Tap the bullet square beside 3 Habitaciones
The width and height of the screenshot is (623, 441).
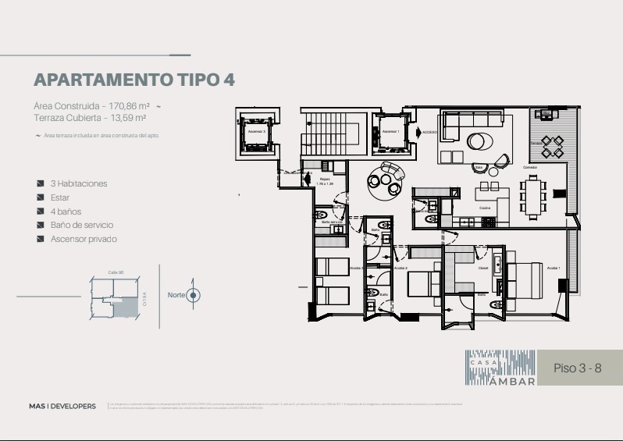pos(41,184)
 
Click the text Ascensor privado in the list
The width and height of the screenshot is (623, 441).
pos(84,239)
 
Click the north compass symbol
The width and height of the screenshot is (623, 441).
pos(194,295)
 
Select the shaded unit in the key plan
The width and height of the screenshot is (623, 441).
pos(124,308)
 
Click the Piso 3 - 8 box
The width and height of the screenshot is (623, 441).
pos(578,368)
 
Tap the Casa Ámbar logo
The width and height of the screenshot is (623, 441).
pos(502,368)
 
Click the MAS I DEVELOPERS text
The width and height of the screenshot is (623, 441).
pos(62,406)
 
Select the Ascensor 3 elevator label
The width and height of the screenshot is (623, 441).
pos(257,132)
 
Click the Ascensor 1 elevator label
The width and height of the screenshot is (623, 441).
pos(390,131)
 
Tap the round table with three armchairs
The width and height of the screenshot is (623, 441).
pos(386,179)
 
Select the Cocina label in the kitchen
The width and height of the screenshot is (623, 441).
pos(485,208)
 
